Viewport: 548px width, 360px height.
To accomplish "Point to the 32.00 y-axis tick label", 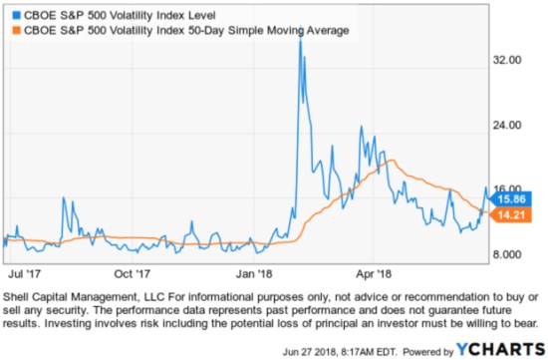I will [x=509, y=60].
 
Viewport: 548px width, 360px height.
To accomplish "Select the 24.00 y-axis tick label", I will [x=509, y=125].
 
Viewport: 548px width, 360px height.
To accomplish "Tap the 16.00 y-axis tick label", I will [x=509, y=188].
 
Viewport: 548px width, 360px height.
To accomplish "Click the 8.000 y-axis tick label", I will [x=509, y=254].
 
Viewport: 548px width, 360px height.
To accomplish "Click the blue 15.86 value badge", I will [x=513, y=198].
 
